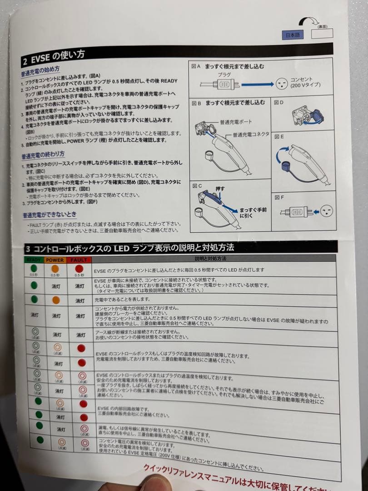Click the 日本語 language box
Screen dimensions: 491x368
point(292,35)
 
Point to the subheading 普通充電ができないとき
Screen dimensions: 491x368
point(50,214)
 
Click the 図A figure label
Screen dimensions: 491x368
point(196,66)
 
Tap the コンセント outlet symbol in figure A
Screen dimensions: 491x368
point(281,83)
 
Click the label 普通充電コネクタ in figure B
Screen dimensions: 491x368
point(251,135)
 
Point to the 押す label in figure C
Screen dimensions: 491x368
point(219,188)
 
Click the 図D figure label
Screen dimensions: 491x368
point(279,102)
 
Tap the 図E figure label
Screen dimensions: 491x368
point(279,136)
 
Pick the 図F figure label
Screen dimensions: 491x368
point(279,197)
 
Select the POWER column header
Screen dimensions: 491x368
point(55,260)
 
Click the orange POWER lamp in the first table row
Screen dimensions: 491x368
point(55,268)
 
